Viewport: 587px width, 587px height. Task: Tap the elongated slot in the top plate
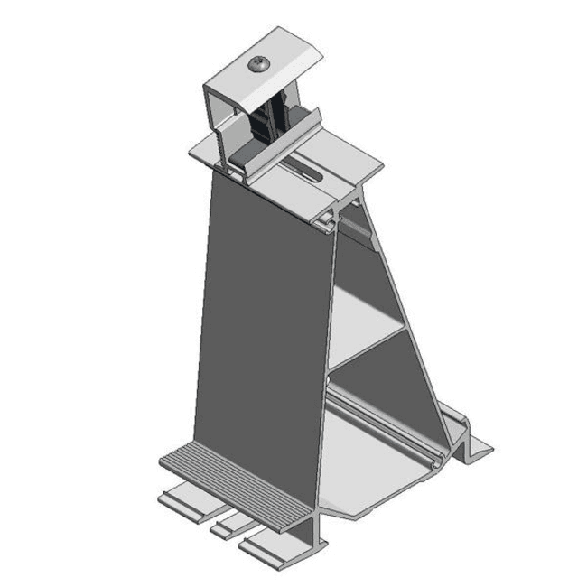[x=305, y=168]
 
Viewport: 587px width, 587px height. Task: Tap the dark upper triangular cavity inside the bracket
[x=361, y=262]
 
